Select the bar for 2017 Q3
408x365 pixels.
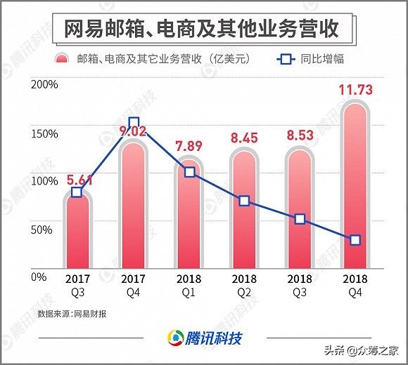tap(77, 232)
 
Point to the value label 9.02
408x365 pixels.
tap(134, 130)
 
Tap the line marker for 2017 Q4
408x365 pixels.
tap(134, 122)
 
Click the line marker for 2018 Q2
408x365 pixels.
tap(244, 201)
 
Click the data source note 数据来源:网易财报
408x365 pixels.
tap(69, 312)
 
